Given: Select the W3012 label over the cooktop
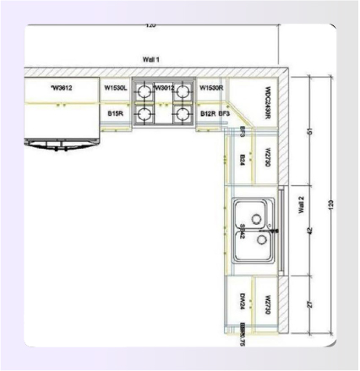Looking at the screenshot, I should [x=163, y=86].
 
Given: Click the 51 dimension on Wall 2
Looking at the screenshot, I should [x=308, y=131].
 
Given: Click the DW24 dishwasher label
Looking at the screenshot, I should [x=243, y=301].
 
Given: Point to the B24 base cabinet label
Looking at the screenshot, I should [x=243, y=158].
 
